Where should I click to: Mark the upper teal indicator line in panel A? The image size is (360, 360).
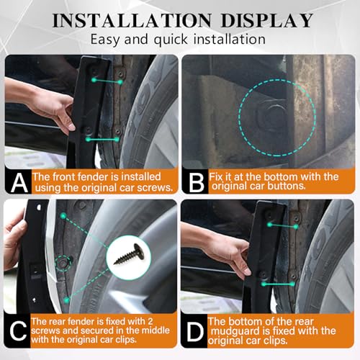103,81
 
